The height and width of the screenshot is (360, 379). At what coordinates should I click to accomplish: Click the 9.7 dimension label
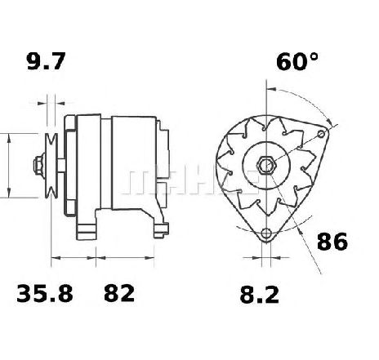[x=47, y=61]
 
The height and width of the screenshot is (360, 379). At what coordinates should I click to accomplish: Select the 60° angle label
[x=297, y=61]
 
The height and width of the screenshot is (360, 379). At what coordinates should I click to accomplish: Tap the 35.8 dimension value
[x=45, y=293]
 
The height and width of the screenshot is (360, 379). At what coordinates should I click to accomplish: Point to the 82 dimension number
[x=119, y=293]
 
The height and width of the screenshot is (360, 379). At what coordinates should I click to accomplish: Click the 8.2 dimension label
[x=260, y=295]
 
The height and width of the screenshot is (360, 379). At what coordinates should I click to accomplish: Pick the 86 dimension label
[x=332, y=242]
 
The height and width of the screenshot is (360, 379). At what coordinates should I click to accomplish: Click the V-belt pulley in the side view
[x=51, y=166]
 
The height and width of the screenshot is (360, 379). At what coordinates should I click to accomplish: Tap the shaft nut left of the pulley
[x=39, y=166]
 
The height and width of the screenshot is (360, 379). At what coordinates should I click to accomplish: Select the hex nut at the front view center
[x=266, y=166]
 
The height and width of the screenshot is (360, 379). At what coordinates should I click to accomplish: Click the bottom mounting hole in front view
[x=266, y=233]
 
